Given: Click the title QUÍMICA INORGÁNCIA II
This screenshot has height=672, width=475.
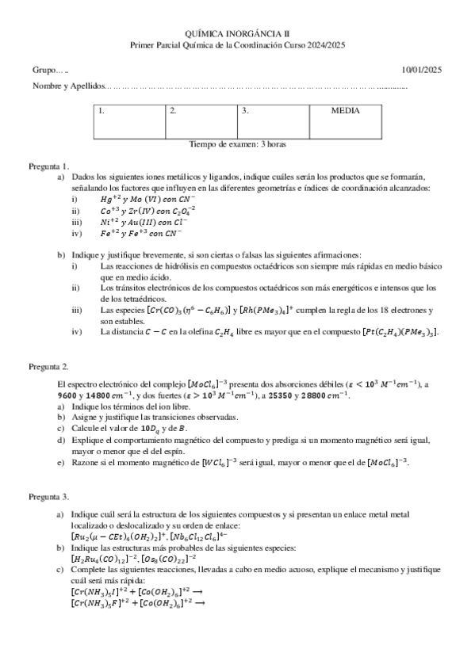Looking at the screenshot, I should pyautogui.click(x=237, y=34).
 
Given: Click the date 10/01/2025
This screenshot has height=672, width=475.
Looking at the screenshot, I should pyautogui.click(x=422, y=71).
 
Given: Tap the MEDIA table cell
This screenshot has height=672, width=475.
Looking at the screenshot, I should pyautogui.click(x=345, y=112).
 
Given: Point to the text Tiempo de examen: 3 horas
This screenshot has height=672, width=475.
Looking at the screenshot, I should pyautogui.click(x=237, y=144).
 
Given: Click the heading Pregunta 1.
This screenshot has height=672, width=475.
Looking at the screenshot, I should pyautogui.click(x=49, y=166).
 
